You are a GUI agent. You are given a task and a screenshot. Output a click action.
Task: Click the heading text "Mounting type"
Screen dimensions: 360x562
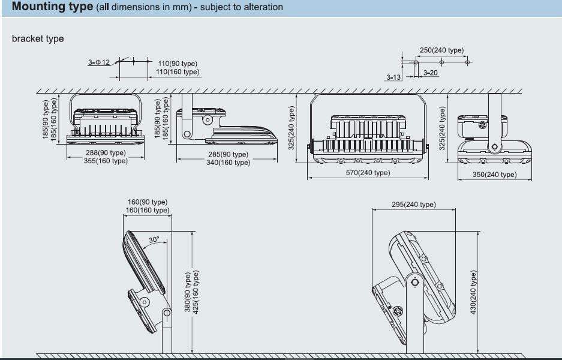tap(52, 7)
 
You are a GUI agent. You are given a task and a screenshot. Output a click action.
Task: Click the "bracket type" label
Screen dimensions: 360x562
tap(38, 39)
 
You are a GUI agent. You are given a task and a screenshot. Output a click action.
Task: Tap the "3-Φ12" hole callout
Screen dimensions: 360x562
tap(99, 62)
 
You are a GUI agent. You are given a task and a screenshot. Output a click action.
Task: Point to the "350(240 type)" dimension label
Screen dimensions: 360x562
tap(494, 175)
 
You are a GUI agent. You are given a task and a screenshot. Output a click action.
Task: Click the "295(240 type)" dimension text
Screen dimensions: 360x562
tap(414, 205)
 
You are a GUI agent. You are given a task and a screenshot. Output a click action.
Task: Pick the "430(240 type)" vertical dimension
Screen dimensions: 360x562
tap(473, 292)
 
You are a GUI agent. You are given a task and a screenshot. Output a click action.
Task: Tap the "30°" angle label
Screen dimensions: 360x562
tap(154, 240)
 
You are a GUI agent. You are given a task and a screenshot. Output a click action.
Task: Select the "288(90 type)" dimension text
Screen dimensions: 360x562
tap(106, 153)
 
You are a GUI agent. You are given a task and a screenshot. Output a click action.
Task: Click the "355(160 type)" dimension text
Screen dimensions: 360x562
tap(106, 161)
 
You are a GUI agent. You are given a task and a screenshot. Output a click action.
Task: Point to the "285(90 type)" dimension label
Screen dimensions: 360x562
tap(228, 155)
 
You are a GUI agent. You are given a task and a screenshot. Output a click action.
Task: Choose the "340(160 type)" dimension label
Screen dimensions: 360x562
tap(228, 163)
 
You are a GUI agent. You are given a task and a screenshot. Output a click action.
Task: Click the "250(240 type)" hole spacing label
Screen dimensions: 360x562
tap(441, 50)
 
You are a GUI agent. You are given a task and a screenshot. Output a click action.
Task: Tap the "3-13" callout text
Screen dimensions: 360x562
tap(393, 77)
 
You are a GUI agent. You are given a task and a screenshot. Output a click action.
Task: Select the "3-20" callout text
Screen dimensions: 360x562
tap(431, 73)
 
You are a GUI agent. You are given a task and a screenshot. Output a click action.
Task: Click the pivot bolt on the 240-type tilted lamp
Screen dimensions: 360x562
tap(413, 281)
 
